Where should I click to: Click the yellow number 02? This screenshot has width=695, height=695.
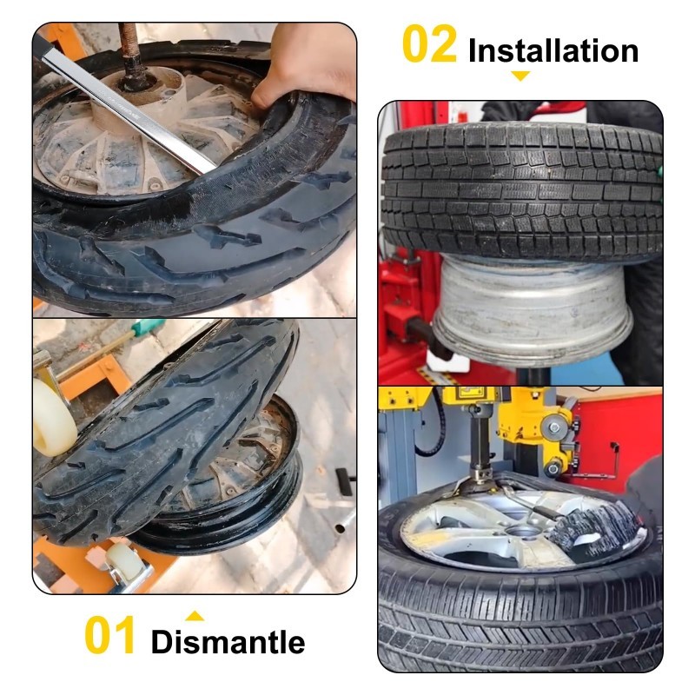pyautogui.click(x=429, y=44)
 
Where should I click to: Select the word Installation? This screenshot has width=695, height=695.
pyautogui.click(x=553, y=50)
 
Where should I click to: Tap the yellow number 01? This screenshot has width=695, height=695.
pyautogui.click(x=109, y=635)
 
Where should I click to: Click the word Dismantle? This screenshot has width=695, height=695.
pyautogui.click(x=228, y=642)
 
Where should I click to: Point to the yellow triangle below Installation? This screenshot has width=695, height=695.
pyautogui.click(x=520, y=76)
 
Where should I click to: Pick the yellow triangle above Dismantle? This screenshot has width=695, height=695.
pyautogui.click(x=195, y=616)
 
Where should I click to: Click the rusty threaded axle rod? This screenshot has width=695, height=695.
pyautogui.click(x=131, y=53)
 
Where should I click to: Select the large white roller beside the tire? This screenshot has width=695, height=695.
pyautogui.click(x=52, y=418)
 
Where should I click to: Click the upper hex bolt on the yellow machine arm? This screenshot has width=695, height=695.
pyautogui.click(x=554, y=428)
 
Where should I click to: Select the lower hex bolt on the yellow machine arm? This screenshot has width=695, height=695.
pyautogui.click(x=553, y=468)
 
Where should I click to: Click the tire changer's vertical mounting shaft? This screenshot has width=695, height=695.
pyautogui.click(x=480, y=447)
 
